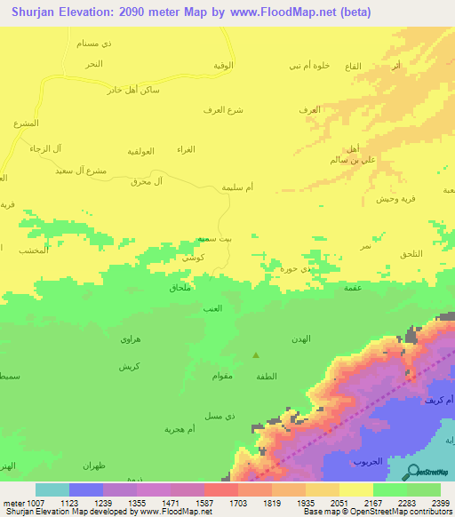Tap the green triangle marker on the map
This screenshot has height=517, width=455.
coord(256,355)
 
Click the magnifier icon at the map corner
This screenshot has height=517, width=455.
coord(414,472)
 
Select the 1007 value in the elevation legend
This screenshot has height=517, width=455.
coord(27,504)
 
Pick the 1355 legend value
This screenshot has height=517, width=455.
coord(119,504)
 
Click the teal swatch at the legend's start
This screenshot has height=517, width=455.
coord(52,489)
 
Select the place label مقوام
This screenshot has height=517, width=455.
coord(222,376)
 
